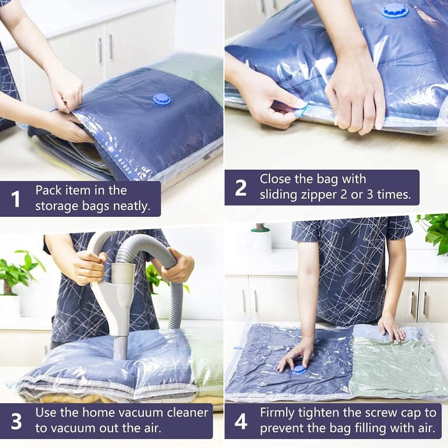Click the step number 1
16,199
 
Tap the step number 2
241,188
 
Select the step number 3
16,422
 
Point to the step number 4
241,422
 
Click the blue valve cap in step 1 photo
161,99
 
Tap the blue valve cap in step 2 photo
395,10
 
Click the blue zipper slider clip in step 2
301,108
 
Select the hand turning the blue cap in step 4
296,356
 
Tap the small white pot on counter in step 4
260,239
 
